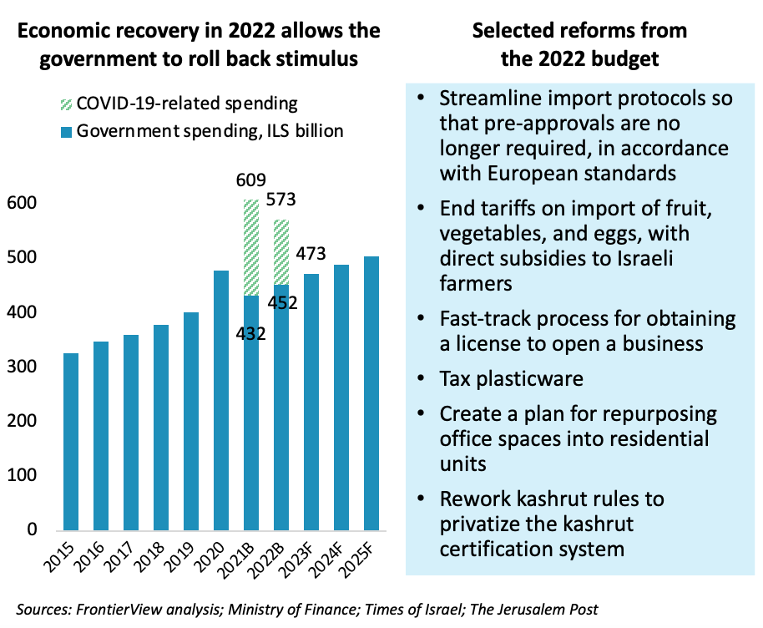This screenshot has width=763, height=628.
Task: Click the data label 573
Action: [x=281, y=200]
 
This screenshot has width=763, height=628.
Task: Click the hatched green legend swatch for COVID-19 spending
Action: [x=64, y=104]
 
